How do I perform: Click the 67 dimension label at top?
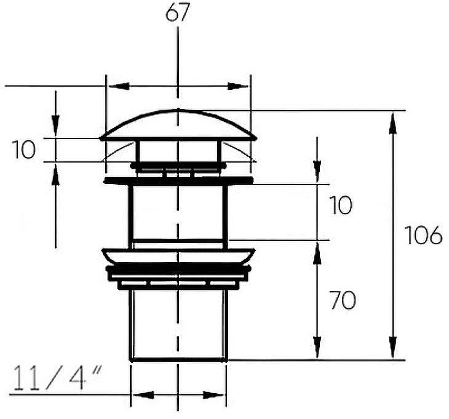178,13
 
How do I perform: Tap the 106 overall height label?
424,235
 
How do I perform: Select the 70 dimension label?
343,300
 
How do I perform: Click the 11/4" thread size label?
57,378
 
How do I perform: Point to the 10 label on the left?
24,150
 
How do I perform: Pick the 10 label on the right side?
341,205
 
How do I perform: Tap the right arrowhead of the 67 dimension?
238,86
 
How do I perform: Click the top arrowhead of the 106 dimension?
393,124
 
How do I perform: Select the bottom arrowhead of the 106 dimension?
393,347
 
